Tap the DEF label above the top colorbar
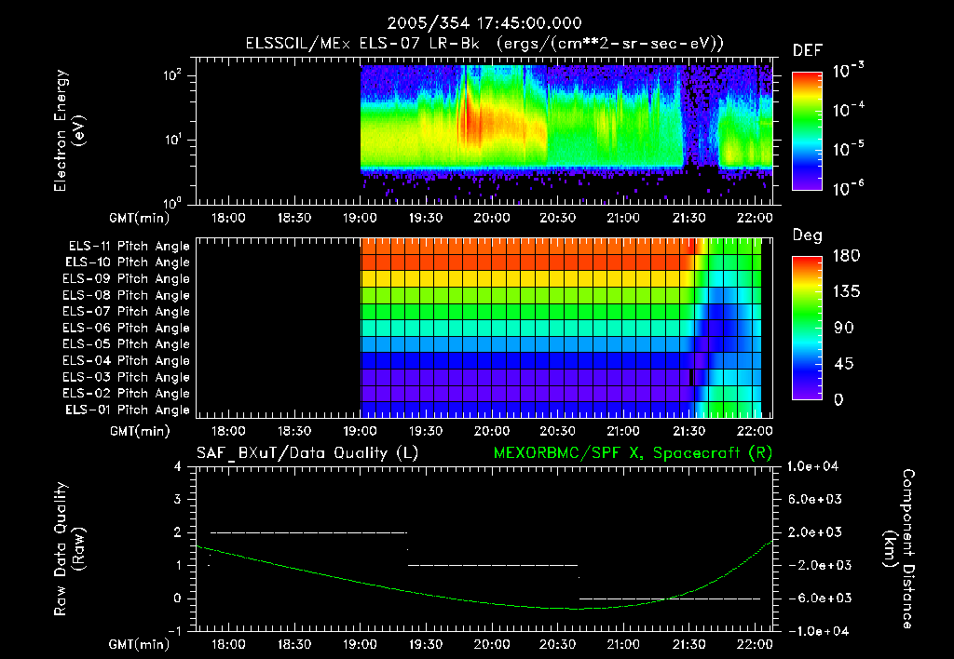[806, 50]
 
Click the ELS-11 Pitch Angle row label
[129, 247]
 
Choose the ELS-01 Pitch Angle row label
[129, 410]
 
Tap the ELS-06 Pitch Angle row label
[129, 329]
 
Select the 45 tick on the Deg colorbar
[839, 364]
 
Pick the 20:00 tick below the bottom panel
[491, 643]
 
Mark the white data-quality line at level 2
[307, 532]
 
